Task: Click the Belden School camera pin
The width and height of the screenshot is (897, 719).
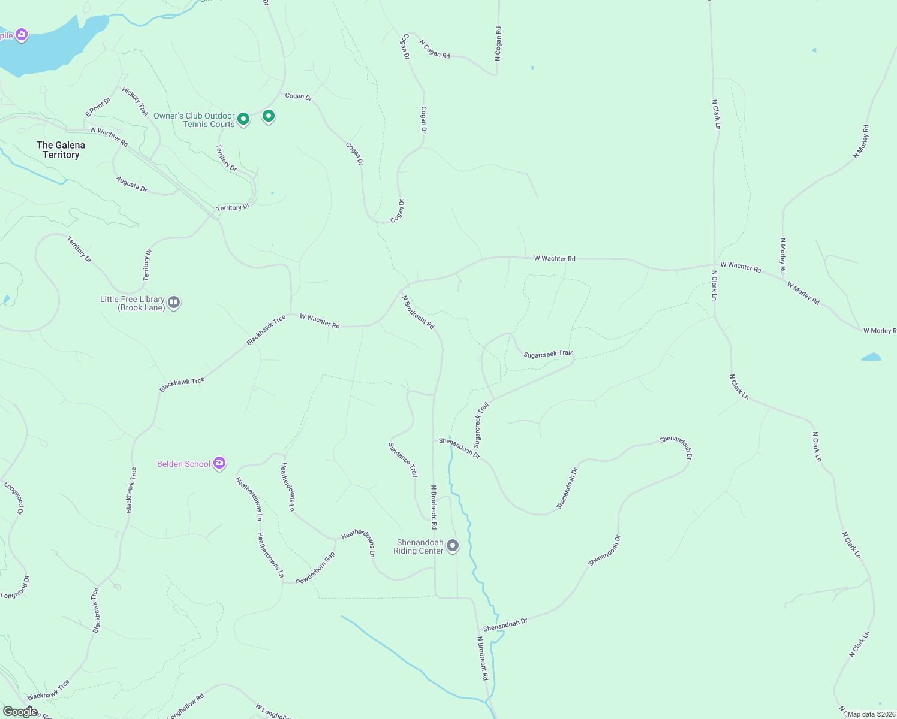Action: coord(219,463)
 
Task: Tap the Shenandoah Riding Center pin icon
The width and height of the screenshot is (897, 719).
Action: coord(453,545)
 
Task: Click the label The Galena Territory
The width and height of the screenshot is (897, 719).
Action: coord(61,150)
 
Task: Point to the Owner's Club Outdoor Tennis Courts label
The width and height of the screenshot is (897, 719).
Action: coord(194,120)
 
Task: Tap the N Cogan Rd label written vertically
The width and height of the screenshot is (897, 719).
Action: coord(498,43)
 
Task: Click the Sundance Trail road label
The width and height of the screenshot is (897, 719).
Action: coord(403,460)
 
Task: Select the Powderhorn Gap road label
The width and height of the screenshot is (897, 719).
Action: coord(315,568)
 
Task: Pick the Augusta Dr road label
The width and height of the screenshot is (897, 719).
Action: coord(132,184)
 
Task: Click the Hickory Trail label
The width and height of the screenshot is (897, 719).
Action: coord(135,101)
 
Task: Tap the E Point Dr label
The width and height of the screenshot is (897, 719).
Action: coord(98,107)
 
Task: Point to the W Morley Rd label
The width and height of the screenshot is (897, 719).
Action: coord(803,293)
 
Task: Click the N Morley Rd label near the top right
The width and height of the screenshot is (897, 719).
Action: coord(861,141)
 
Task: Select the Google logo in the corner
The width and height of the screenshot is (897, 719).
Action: coord(20,711)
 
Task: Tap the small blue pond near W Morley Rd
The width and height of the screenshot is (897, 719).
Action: coord(871,357)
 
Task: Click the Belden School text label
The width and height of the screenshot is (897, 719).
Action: coord(183,464)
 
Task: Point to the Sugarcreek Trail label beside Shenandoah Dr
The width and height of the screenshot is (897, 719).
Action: coord(481,425)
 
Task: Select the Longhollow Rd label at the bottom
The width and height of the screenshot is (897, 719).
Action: coord(186,706)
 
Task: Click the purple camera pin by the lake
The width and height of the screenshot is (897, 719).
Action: coord(22,35)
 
